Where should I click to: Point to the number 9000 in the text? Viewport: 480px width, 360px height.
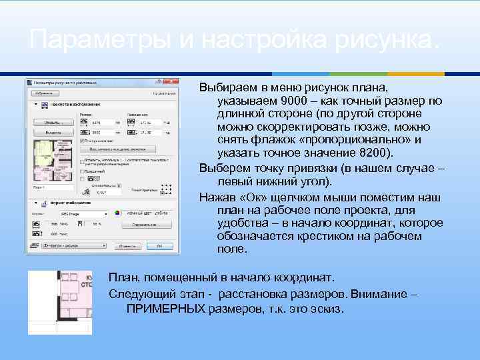[294, 101]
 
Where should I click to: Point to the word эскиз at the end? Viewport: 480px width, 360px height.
[325, 309]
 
